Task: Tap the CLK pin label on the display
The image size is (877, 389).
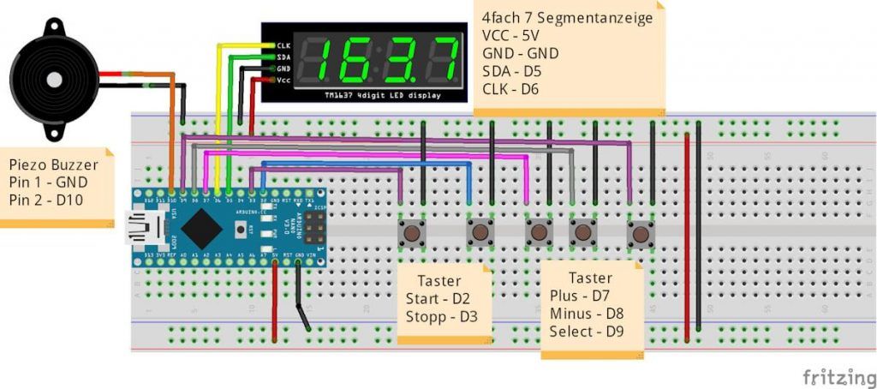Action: tap(283, 45)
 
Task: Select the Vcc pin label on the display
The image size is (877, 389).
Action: tap(283, 80)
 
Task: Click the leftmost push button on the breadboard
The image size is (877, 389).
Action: tap(413, 232)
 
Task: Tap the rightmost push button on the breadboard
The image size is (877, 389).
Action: tap(640, 232)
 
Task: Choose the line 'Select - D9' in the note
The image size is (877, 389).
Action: tap(587, 332)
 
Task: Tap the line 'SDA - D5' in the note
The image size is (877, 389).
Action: tap(513, 70)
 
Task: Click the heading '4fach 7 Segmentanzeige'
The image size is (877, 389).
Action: tap(567, 18)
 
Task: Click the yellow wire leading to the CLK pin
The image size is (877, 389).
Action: tap(219, 111)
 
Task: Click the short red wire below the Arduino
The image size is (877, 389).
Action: tap(274, 300)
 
